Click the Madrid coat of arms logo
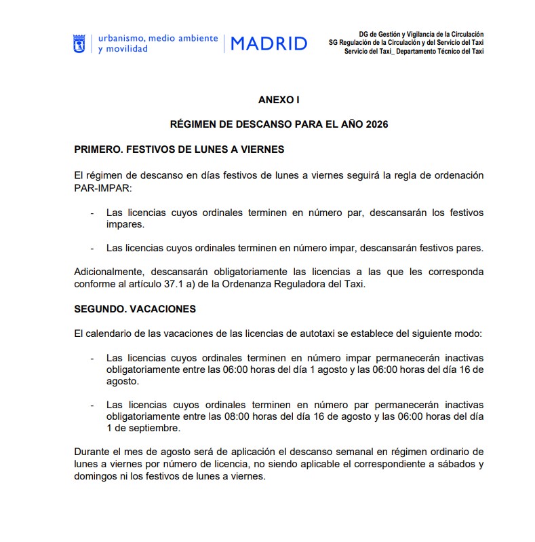[79, 43]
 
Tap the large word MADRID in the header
[269, 44]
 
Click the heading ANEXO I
[279, 99]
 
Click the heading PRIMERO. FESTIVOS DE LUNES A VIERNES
[179, 149]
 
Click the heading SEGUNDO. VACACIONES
[135, 309]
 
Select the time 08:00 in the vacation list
[220, 416]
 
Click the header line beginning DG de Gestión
[421, 34]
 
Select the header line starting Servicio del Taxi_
[414, 52]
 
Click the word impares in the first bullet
[125, 224]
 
